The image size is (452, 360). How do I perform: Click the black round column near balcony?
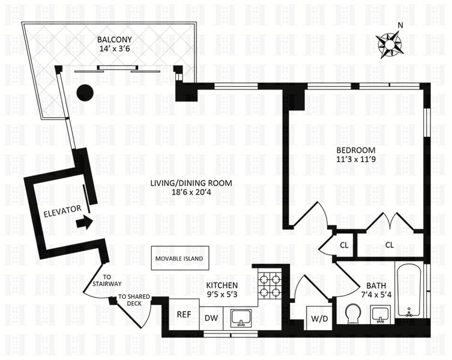(85, 92)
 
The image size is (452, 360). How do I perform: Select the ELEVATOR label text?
(61, 211)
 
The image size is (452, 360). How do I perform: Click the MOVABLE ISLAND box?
(179, 259)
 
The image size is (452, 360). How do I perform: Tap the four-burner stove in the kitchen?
(270, 284)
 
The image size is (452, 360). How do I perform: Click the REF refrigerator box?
(184, 314)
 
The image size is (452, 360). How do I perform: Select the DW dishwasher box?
(211, 318)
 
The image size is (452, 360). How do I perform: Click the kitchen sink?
(242, 316)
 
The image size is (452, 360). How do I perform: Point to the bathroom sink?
(379, 313)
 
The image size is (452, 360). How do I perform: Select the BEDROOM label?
(355, 150)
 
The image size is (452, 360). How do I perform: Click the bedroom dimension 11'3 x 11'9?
(355, 160)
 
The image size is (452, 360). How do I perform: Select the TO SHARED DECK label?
(134, 300)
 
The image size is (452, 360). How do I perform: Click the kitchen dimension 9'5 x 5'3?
(222, 295)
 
